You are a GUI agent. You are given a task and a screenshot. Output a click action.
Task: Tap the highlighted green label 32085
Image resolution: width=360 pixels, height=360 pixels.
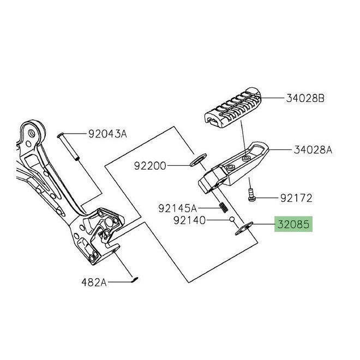point(293,224)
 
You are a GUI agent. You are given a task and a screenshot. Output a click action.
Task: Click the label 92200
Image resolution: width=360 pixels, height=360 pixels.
point(147,164)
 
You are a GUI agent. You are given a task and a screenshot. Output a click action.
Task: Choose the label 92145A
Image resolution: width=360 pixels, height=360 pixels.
point(177,208)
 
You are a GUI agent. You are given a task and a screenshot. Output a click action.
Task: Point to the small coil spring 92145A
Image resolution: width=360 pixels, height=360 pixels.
point(223,207)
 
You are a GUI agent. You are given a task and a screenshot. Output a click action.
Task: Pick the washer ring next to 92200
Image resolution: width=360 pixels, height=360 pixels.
point(196,161)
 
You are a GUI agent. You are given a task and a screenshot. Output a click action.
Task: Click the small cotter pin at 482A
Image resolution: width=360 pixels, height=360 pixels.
point(135,280)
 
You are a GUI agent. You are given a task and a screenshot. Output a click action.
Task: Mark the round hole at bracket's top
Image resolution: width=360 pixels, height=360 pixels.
point(34,133)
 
